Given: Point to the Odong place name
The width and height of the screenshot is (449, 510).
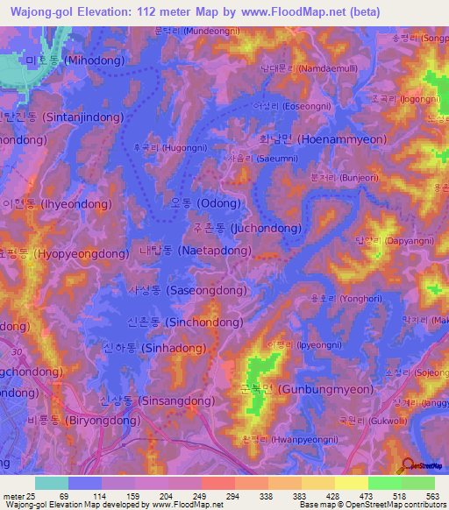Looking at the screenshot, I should (205, 203).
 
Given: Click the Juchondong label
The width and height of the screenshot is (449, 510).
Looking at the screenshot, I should (246, 228).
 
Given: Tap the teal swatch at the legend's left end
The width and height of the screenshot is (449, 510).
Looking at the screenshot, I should (52, 483).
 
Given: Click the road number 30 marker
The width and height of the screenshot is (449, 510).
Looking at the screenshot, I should (18, 352).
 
